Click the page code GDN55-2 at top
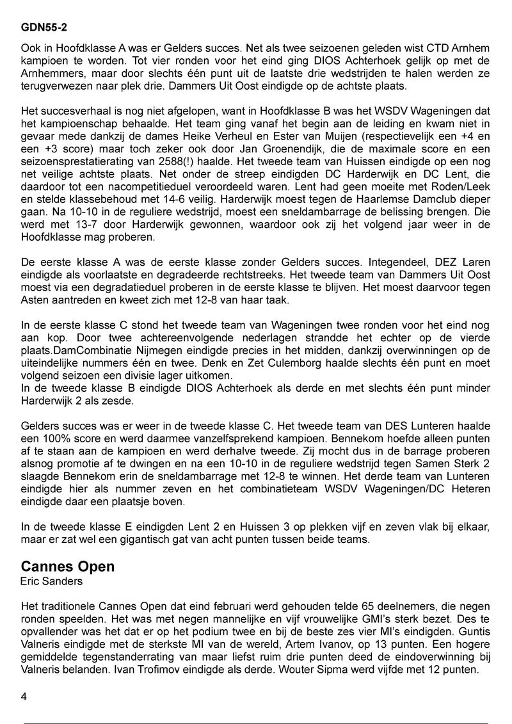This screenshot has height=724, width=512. coord(45,28)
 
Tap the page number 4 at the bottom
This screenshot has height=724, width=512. coord(24,696)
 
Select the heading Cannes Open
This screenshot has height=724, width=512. coord(68,567)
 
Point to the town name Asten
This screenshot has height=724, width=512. coord(36,298)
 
